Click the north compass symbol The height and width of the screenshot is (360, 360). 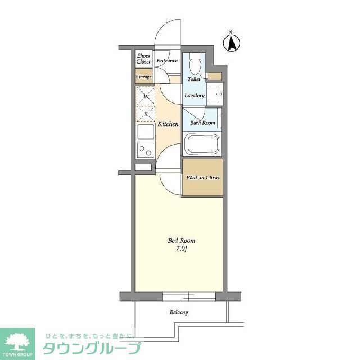[x=231, y=42]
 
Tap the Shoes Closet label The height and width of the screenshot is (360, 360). [x=143, y=58]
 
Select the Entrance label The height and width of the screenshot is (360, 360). [x=167, y=61]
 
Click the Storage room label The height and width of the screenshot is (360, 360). [x=144, y=76]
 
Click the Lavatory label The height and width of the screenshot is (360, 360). [x=195, y=95]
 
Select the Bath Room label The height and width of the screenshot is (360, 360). [x=202, y=123]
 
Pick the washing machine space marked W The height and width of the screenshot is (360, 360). [x=146, y=96]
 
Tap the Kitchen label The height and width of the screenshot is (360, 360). [x=168, y=124]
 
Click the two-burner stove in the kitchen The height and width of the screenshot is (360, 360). [x=145, y=150]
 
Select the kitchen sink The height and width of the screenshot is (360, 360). [x=145, y=133]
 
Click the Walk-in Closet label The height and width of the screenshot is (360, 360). [x=203, y=178]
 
